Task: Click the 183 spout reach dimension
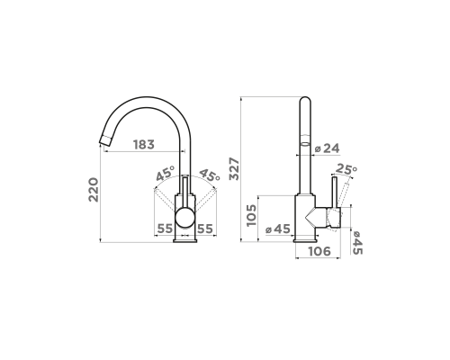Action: click(x=144, y=145)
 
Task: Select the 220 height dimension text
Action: click(x=94, y=190)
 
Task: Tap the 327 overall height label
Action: click(x=234, y=168)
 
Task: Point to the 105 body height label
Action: click(x=251, y=215)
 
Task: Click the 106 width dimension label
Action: click(x=319, y=251)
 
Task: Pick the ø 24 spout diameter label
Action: click(x=328, y=148)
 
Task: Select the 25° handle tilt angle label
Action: click(x=346, y=169)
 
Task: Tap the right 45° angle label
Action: click(x=210, y=175)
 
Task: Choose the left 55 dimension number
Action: click(x=166, y=229)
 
